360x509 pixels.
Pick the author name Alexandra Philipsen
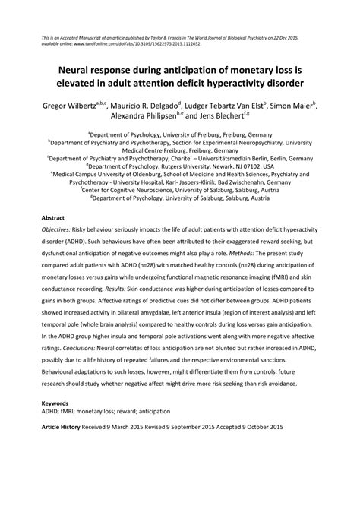128,118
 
